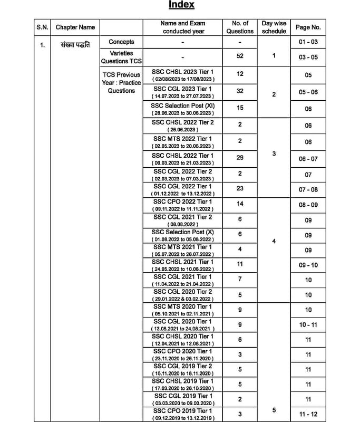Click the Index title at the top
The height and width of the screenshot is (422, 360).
[181, 5]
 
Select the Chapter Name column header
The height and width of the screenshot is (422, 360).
[75, 27]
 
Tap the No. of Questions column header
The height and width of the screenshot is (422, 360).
[239, 27]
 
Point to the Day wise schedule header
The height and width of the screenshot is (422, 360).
[274, 27]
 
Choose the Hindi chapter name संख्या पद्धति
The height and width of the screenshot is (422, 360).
[75, 44]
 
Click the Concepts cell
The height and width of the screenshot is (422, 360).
[121, 42]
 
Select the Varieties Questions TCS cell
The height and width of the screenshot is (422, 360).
[121, 57]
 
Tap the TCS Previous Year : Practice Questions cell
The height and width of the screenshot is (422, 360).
[121, 83]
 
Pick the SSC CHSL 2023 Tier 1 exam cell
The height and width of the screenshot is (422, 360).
[183, 74]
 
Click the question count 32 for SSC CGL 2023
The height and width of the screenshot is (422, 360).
[240, 91]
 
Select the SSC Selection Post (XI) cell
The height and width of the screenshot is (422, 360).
[183, 109]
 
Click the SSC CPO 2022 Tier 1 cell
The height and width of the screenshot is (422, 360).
[183, 205]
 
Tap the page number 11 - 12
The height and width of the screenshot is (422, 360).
[308, 414]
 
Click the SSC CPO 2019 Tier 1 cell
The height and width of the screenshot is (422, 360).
[183, 414]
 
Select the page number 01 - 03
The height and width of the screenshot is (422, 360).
[308, 42]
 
